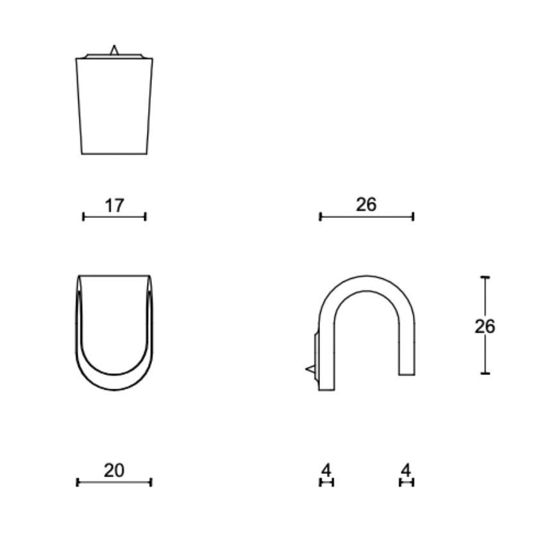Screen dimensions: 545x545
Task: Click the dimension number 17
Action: point(114,206)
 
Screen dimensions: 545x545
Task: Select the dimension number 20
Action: point(114,471)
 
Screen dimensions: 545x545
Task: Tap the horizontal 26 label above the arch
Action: point(366,205)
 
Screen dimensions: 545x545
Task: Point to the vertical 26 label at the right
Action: point(485,326)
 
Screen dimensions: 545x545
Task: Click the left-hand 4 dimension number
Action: point(326,471)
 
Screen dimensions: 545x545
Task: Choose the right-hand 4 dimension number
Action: point(405,471)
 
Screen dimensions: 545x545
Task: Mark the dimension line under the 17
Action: point(114,217)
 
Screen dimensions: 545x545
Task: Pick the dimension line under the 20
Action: point(114,482)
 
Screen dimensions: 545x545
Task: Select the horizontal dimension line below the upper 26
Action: point(366,217)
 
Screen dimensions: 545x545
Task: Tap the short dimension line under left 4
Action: point(326,482)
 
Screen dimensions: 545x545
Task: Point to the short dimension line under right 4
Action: point(406,482)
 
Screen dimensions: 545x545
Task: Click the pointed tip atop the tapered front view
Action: point(114,48)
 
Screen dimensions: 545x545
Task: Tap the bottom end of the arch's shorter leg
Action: point(407,374)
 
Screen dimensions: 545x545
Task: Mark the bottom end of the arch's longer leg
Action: point(326,389)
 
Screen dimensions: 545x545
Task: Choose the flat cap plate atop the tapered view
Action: point(114,56)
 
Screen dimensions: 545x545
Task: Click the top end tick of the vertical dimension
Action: point(485,277)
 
